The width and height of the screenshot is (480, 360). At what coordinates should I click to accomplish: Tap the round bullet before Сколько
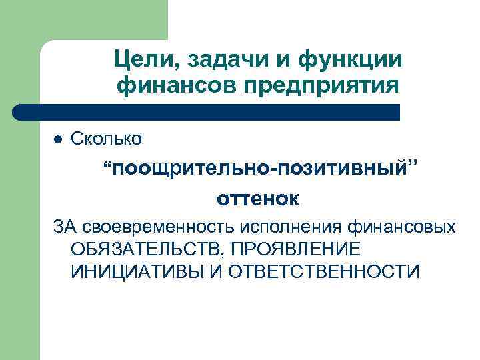pyautogui.click(x=58, y=139)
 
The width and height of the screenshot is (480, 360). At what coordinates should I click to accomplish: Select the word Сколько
pyautogui.click(x=106, y=139)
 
